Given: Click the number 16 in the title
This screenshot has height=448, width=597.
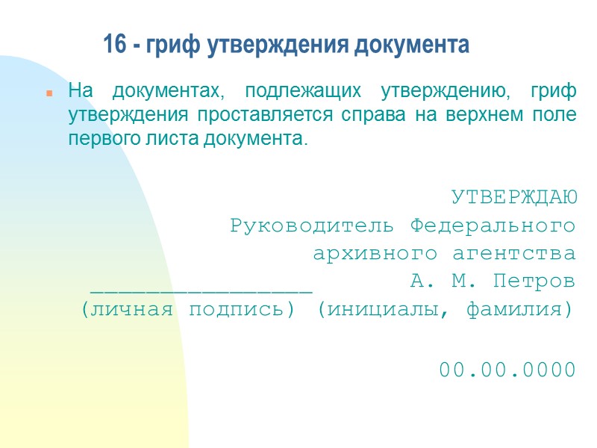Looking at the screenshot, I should point(113,46).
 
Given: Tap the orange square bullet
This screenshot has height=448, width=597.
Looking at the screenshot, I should point(49,95).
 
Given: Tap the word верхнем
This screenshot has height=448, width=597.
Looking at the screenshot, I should point(479,116).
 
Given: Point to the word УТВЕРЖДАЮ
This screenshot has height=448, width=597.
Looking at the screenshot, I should point(513,198).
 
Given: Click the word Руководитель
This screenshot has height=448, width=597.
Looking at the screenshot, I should point(315,225).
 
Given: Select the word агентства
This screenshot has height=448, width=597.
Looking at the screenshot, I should point(514,254).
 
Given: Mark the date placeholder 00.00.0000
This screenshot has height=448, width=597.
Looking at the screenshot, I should point(507,370).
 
